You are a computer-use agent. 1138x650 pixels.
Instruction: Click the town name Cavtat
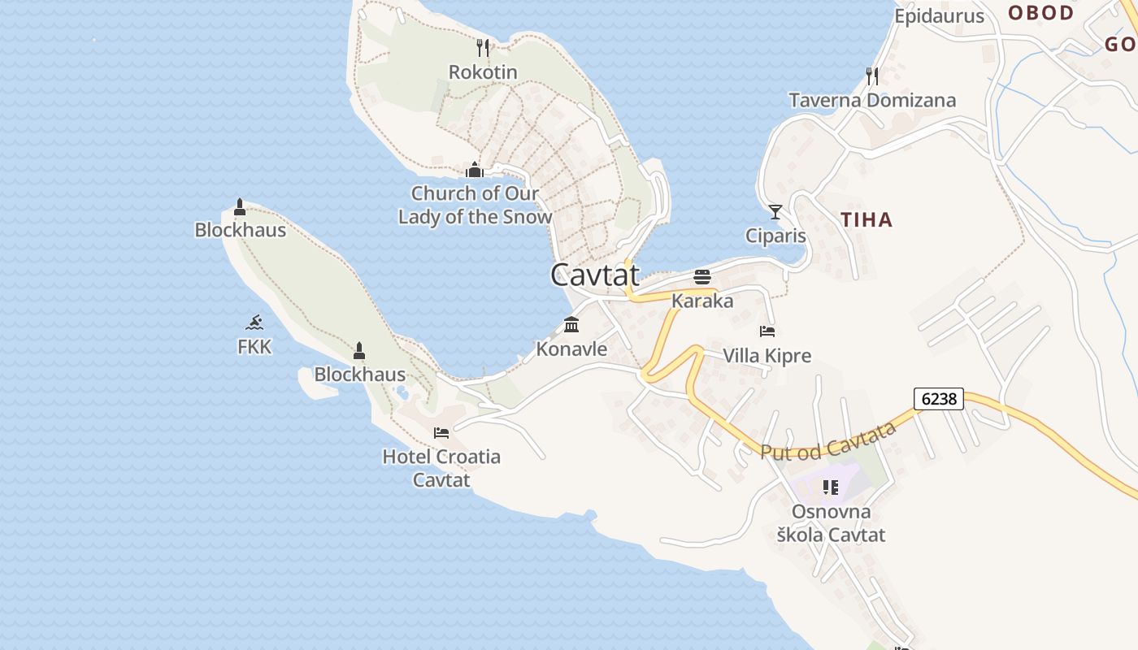click(x=595, y=275)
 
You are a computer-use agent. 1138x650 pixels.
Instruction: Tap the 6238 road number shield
click(x=939, y=399)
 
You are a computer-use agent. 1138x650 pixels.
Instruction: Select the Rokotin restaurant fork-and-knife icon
click(x=483, y=48)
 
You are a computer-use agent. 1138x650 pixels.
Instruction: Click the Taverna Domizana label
click(x=872, y=101)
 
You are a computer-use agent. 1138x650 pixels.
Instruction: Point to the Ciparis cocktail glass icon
click(x=775, y=212)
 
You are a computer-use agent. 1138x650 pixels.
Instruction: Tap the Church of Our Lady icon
click(x=474, y=170)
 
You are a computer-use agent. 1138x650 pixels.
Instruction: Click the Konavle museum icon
click(x=571, y=324)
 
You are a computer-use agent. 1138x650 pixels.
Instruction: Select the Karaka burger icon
click(x=702, y=276)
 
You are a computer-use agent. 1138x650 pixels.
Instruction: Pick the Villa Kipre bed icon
click(x=767, y=331)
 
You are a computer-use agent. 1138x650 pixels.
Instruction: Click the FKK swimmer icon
click(x=254, y=323)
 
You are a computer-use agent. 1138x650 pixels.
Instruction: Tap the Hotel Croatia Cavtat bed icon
click(x=441, y=432)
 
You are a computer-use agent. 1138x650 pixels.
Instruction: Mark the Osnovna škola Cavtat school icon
click(x=830, y=487)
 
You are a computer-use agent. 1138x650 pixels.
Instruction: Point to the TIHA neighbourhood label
click(x=867, y=219)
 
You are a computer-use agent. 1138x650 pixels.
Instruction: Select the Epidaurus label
click(x=939, y=16)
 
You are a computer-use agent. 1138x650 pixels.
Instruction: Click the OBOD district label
click(x=1041, y=13)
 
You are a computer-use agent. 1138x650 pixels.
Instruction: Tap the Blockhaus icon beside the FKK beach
click(x=359, y=351)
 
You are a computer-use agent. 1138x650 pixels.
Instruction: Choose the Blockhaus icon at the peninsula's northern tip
click(x=240, y=206)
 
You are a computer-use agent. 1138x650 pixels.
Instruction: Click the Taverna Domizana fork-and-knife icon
click(x=872, y=76)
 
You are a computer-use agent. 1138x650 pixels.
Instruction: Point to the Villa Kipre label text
click(x=767, y=356)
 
